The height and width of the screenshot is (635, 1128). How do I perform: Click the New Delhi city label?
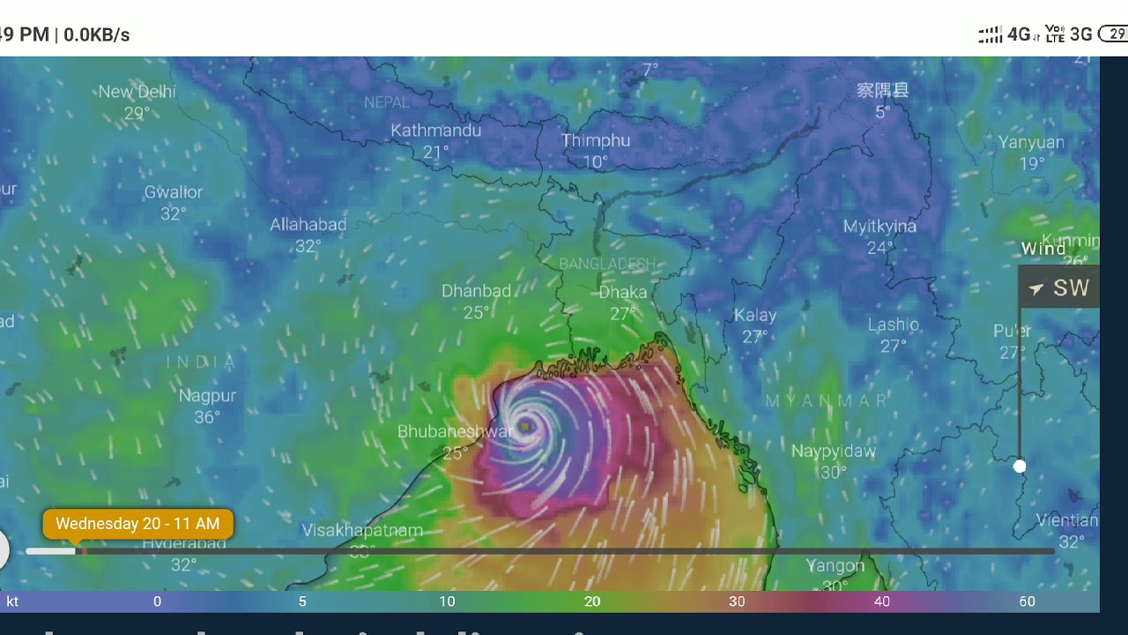coord(137,92)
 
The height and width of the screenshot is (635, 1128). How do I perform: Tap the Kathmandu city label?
coord(435,131)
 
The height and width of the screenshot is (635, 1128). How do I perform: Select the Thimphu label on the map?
coord(596,140)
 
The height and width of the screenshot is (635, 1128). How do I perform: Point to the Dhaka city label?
coord(622,292)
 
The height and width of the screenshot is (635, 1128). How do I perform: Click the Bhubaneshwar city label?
coord(455,431)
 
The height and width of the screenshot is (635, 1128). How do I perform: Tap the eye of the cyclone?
coord(526,427)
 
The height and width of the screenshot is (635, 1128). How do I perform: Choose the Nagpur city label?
coord(207,395)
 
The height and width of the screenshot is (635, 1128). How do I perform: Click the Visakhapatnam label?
coord(362,530)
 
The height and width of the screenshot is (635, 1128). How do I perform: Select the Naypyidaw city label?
coord(833,451)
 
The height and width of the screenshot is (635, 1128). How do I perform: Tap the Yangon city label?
coord(835,565)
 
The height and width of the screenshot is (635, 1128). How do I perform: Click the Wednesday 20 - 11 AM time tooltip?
coord(137,524)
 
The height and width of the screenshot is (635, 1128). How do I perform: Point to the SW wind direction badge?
coord(1059,288)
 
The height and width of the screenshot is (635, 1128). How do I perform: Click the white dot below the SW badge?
coord(1020,466)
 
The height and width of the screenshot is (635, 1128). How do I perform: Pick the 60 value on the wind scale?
coord(1027,601)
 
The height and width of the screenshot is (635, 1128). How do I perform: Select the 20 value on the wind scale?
coord(592,601)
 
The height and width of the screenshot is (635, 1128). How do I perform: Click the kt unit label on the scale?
coord(12,601)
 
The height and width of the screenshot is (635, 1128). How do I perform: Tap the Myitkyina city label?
coord(879,227)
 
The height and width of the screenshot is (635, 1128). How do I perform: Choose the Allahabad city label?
coord(308,225)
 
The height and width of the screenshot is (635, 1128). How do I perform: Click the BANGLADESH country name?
coord(607,264)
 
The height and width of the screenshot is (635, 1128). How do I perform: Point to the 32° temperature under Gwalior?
coord(174,213)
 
